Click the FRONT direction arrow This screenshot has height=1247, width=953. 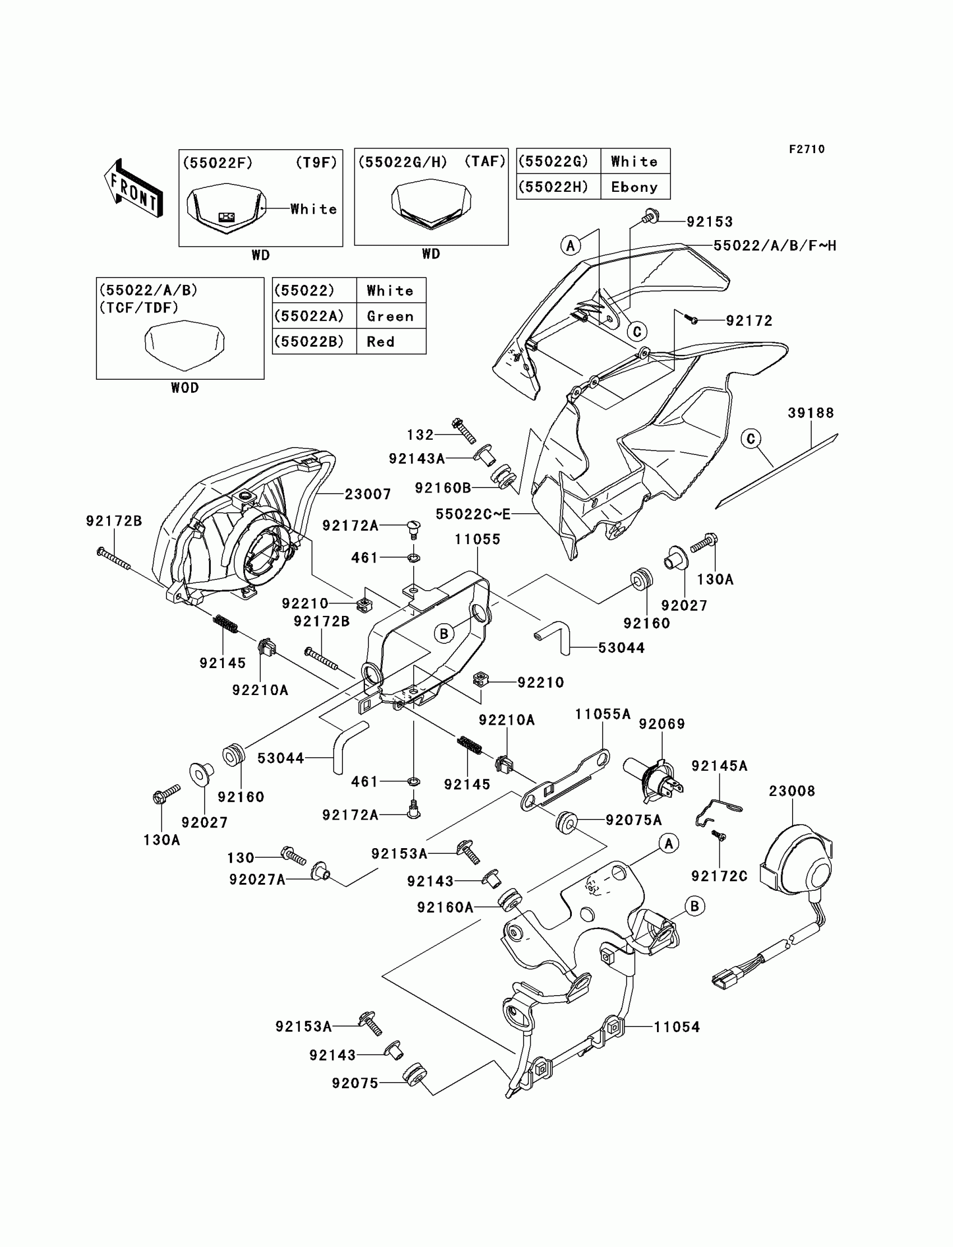pyautogui.click(x=133, y=188)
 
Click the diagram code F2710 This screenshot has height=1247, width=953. pyautogui.click(x=807, y=149)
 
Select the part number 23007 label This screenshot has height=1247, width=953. pyautogui.click(x=368, y=494)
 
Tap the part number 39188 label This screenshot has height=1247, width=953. pyautogui.click(x=811, y=413)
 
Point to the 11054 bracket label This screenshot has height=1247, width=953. pyautogui.click(x=677, y=1027)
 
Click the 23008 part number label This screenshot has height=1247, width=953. pyautogui.click(x=792, y=791)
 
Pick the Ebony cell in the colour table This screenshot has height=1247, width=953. pyautogui.click(x=634, y=187)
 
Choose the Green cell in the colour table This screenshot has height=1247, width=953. pyautogui.click(x=390, y=316)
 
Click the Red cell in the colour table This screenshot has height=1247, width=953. pyautogui.click(x=381, y=342)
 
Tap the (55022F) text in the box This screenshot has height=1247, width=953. pyautogui.click(x=218, y=163)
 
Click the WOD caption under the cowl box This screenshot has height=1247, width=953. pyautogui.click(x=185, y=388)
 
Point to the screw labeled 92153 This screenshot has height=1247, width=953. pyautogui.click(x=650, y=217)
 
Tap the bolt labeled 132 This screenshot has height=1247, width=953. pyautogui.click(x=464, y=430)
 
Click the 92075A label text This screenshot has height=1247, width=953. pyautogui.click(x=633, y=820)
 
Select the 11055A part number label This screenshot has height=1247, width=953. pyautogui.click(x=603, y=714)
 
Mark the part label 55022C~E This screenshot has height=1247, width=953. pyautogui.click(x=473, y=514)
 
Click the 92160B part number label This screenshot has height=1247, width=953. pyautogui.click(x=442, y=487)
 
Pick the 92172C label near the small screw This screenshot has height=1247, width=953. pyautogui.click(x=719, y=876)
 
